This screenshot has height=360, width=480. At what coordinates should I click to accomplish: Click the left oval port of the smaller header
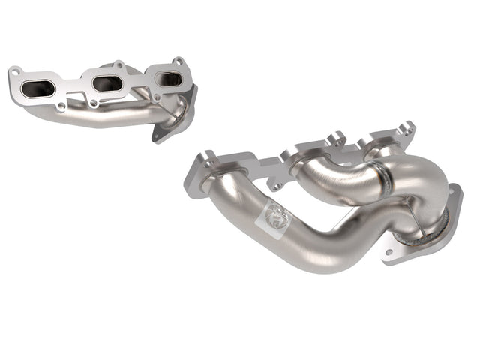[x=38, y=88]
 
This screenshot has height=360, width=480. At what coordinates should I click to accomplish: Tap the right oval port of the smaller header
[x=167, y=78]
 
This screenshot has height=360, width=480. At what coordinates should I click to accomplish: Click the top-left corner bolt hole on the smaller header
[x=13, y=72]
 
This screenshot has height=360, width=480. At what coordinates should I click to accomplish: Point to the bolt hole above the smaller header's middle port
[x=117, y=65]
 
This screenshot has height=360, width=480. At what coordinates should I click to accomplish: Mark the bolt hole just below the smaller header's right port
[x=156, y=96]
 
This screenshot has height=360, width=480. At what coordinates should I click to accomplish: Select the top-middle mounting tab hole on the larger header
[x=335, y=137]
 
